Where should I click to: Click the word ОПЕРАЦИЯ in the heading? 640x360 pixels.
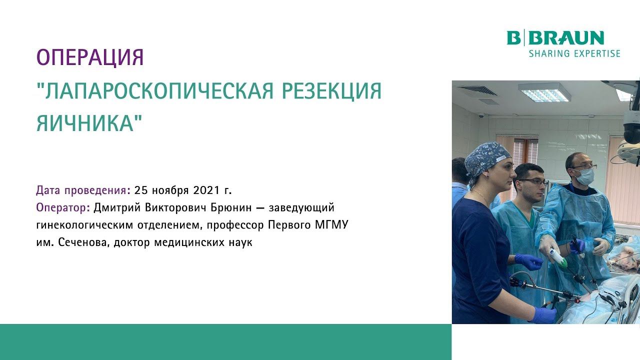tap(90, 58)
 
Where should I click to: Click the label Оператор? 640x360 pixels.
tap(63, 207)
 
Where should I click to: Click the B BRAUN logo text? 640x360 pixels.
tap(555, 38)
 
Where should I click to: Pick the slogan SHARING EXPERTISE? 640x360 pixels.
tap(574, 53)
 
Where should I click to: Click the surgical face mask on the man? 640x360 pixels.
tap(583, 175)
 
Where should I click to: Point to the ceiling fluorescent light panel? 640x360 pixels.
tap(544, 92)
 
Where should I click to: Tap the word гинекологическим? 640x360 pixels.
tap(84, 225)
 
